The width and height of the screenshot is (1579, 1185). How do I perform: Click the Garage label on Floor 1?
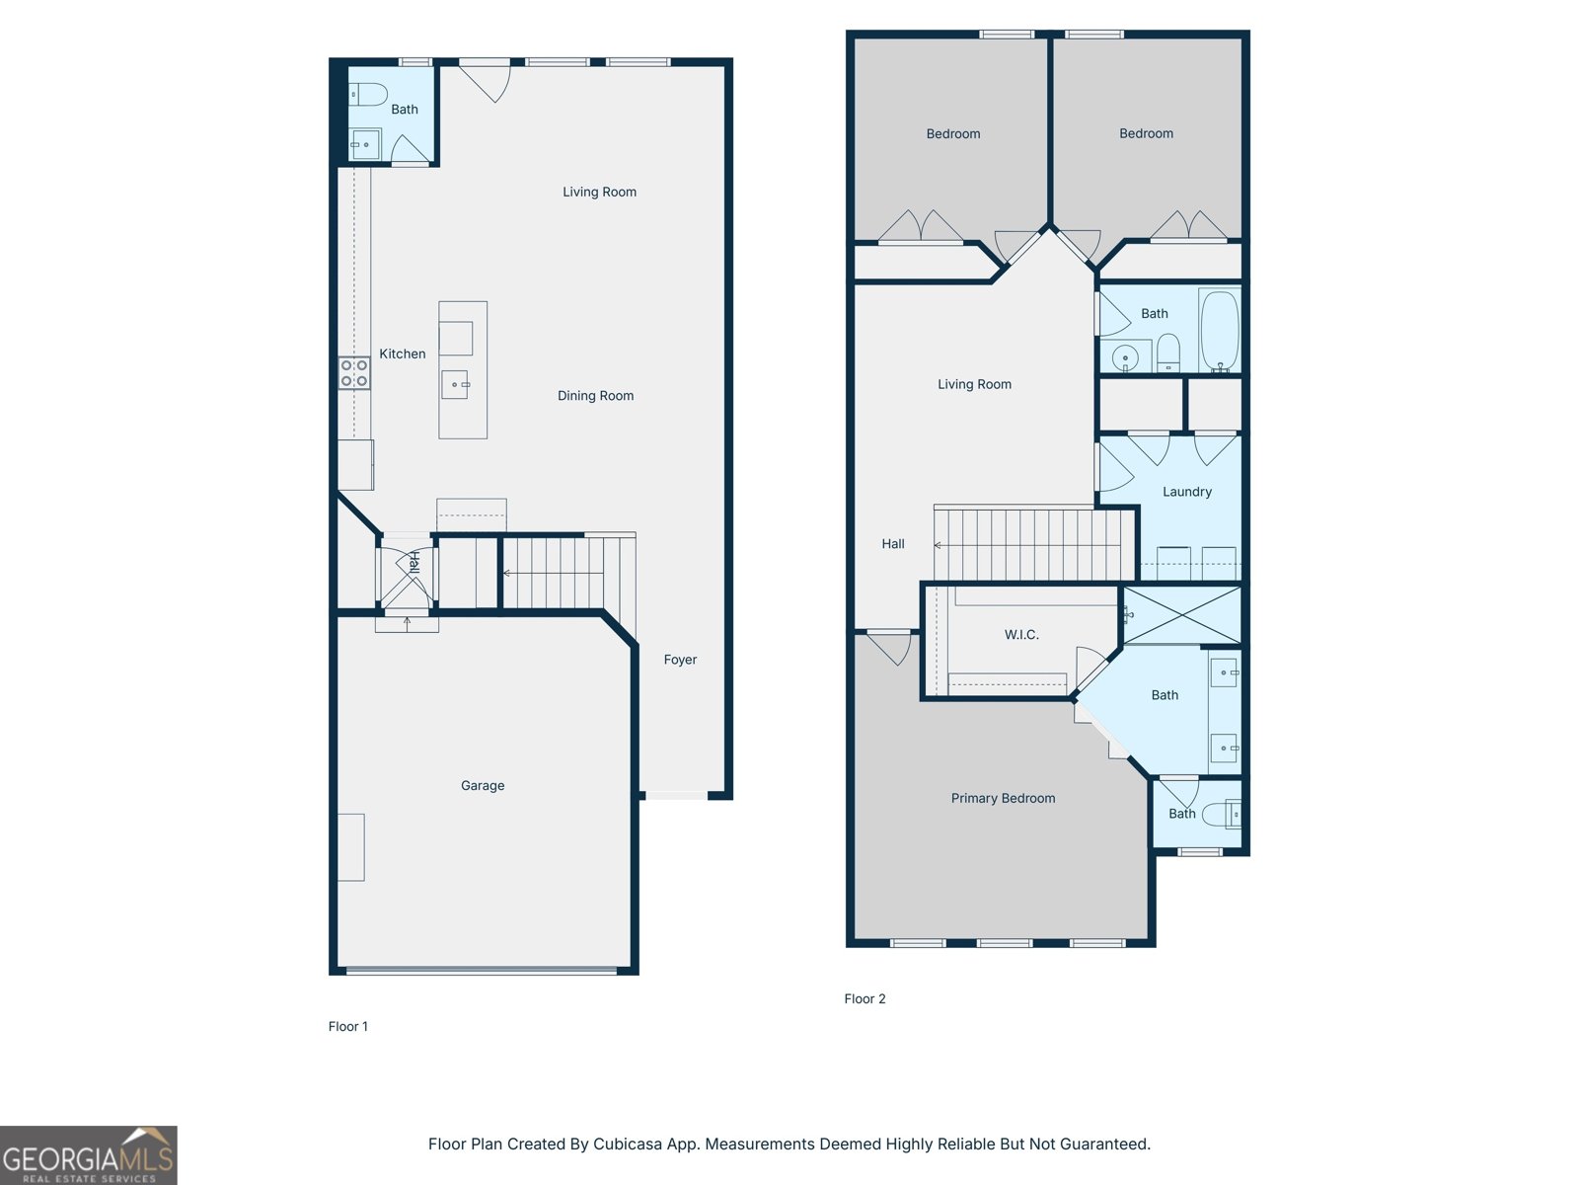(x=483, y=786)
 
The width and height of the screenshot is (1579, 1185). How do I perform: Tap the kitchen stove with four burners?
(x=354, y=373)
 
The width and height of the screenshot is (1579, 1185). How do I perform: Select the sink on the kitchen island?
(x=455, y=384)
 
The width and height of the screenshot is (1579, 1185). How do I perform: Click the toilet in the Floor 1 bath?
(x=369, y=95)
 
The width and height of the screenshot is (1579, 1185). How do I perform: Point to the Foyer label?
(x=680, y=660)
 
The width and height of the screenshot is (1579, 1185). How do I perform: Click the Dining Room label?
(x=595, y=396)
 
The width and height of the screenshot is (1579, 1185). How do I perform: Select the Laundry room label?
(x=1186, y=492)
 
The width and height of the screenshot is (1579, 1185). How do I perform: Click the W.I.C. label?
(x=1021, y=635)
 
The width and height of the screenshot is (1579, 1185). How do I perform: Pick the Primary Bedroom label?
(x=1003, y=798)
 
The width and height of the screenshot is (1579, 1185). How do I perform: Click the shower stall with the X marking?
(x=1182, y=614)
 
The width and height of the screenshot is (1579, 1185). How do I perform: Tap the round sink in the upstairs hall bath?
(x=1125, y=357)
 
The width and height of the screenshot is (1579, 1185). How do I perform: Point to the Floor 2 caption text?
(x=865, y=999)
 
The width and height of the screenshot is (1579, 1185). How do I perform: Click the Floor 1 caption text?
(x=347, y=1027)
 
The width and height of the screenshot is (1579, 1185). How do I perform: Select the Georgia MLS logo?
(x=88, y=1155)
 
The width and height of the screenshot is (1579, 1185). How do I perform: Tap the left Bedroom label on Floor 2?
(x=952, y=134)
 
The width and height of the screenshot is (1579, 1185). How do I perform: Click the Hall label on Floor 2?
(x=892, y=544)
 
